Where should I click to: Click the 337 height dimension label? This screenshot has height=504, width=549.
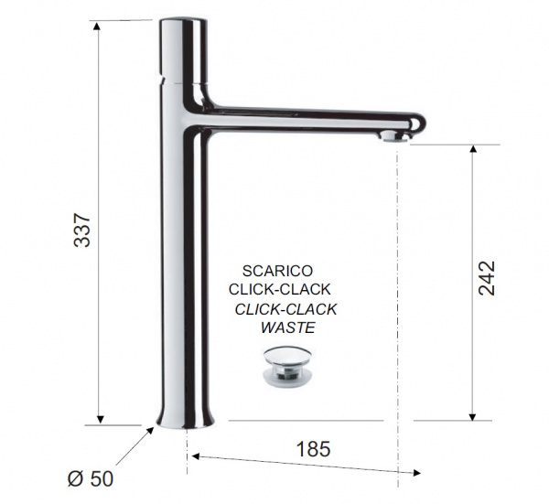(x=82, y=230)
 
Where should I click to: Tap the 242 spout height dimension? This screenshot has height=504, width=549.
(x=487, y=278)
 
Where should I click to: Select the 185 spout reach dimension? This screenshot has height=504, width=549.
(x=313, y=449)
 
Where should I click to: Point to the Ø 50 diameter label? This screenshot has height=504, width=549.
(x=91, y=478)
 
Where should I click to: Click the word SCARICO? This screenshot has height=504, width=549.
(x=277, y=271)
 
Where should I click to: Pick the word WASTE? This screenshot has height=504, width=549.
(x=288, y=327)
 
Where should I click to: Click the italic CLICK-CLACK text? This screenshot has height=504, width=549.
(x=285, y=309)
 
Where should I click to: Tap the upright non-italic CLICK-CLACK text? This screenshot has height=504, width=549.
(x=279, y=289)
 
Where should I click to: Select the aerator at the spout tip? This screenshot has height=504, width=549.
(x=395, y=136)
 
